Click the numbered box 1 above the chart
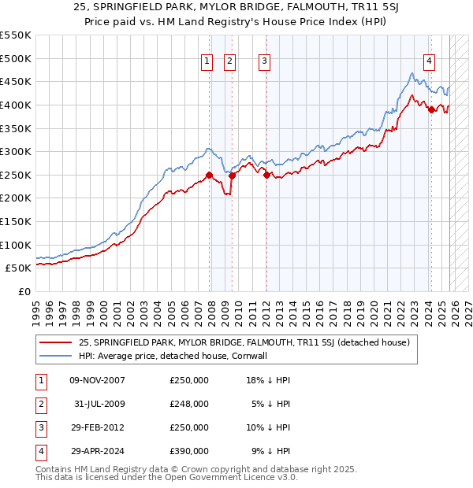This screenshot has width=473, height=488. pos(207,61)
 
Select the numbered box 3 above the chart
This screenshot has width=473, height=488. pos(264,61)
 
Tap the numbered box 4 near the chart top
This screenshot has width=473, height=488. pos(430,61)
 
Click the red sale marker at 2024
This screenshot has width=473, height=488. pos(431,109)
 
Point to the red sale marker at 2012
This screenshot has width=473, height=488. pos(266,175)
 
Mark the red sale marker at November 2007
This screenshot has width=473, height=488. pos(209,175)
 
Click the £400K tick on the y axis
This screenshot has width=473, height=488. pos(15,105)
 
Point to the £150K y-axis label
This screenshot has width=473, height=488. pos(15,221)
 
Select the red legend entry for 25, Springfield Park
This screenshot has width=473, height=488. pos(244,342)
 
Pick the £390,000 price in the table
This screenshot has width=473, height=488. pos(189,451)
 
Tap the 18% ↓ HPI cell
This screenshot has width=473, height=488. pos(268,380)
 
